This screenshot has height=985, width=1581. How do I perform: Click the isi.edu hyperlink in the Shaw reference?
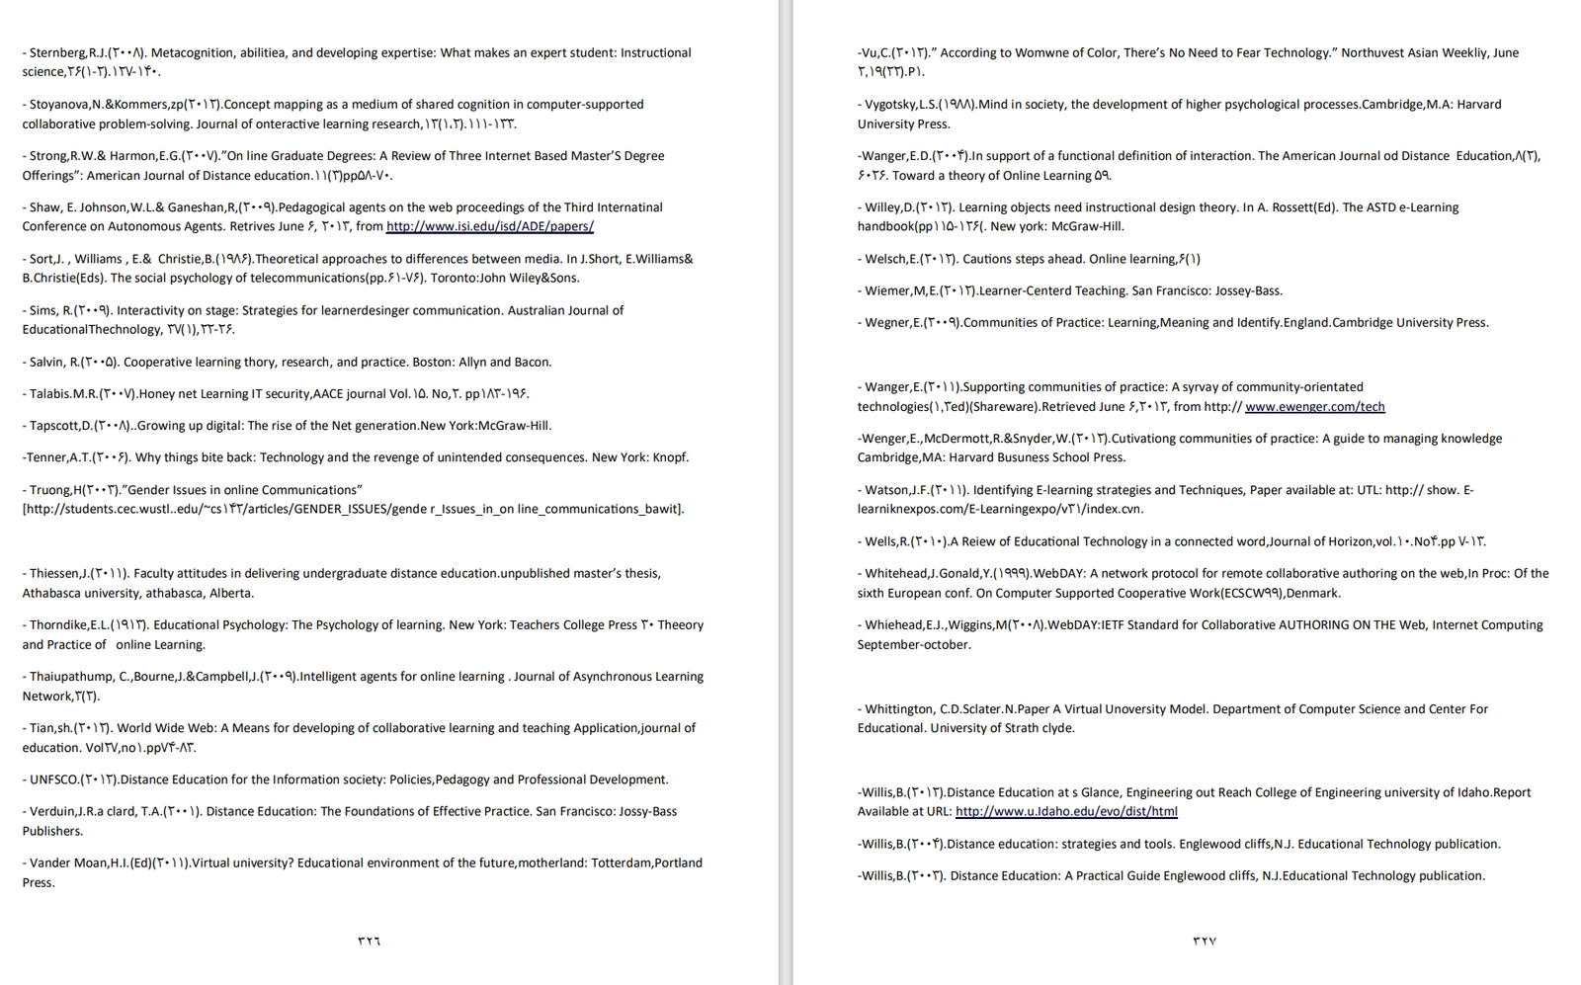489,226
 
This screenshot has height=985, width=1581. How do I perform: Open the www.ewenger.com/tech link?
1314,406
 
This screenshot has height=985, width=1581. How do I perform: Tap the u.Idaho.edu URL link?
1066,811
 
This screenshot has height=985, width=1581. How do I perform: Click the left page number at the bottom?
369,942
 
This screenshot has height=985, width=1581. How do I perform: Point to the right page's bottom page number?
1205,942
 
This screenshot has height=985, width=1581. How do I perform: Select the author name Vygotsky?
891,104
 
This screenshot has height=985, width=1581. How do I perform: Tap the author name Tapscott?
55,426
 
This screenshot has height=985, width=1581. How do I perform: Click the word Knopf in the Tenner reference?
669,457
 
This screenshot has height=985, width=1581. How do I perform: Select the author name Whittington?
899,708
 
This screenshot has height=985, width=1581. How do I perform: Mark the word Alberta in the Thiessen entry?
232,593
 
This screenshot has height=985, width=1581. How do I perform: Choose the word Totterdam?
621,862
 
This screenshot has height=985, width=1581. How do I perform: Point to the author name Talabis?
49,393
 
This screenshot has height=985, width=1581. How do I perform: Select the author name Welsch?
885,259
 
